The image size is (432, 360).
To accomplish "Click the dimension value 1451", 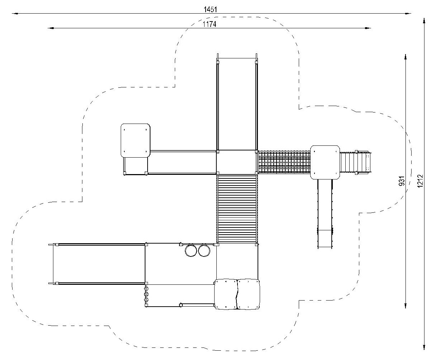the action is [x=210, y=10].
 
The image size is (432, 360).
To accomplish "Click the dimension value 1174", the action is [x=210, y=24].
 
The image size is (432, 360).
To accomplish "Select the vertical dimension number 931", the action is [x=402, y=181].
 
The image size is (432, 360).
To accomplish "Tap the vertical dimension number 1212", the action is [x=420, y=181].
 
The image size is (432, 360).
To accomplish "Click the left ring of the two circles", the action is [x=185, y=251].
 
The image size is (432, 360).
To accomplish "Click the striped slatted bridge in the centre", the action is [x=237, y=208].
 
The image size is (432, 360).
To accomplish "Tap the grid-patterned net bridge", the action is [x=284, y=162].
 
